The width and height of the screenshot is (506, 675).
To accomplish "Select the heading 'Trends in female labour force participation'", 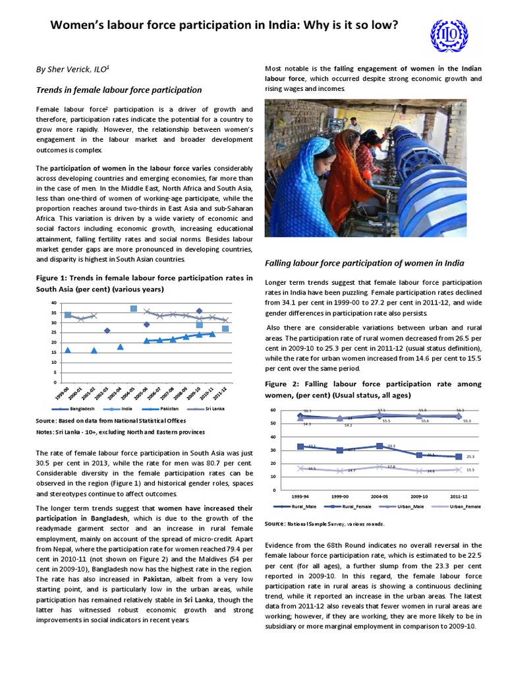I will tap(119, 90).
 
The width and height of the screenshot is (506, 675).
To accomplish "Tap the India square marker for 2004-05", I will tap(134, 308).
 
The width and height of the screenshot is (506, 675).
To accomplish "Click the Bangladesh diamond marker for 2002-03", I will tap(107, 330).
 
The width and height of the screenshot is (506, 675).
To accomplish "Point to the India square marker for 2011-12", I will tap(225, 328).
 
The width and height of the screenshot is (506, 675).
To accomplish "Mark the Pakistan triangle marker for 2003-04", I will tap(121, 347).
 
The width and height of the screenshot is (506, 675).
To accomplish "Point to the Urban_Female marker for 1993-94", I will tap(301, 468).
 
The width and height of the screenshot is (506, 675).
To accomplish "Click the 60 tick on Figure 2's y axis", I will tap(271, 410).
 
